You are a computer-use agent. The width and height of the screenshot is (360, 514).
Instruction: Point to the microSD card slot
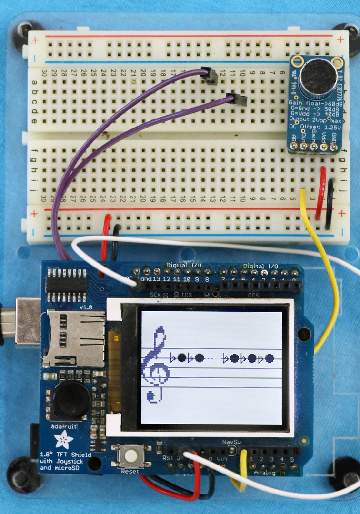point(74,340)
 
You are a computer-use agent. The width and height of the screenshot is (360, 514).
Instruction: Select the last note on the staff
point(270,358)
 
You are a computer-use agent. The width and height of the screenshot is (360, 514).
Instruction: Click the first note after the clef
point(181,357)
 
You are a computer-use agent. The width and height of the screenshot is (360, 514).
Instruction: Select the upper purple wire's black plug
point(210,75)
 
